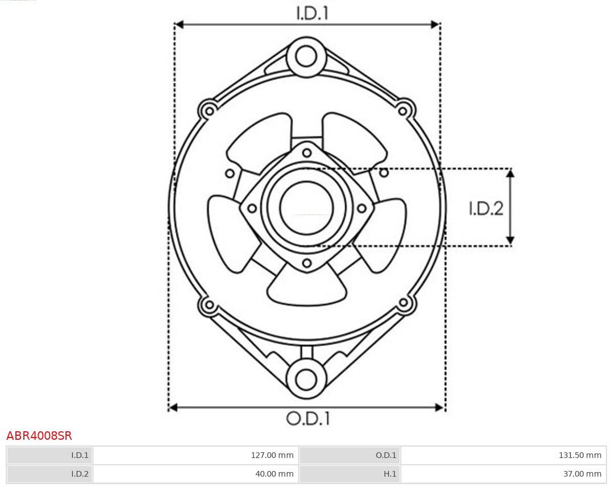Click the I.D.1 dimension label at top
tap(312, 13)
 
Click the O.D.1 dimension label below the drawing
tap(307, 419)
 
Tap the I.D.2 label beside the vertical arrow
tap(486, 208)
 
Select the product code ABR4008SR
tap(39, 436)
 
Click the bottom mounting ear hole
tap(306, 379)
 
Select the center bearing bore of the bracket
tap(306, 208)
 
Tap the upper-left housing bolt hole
tap(208, 110)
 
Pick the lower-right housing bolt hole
tap(404, 303)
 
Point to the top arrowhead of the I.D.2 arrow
tap(510, 173)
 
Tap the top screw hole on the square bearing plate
tap(307, 152)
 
